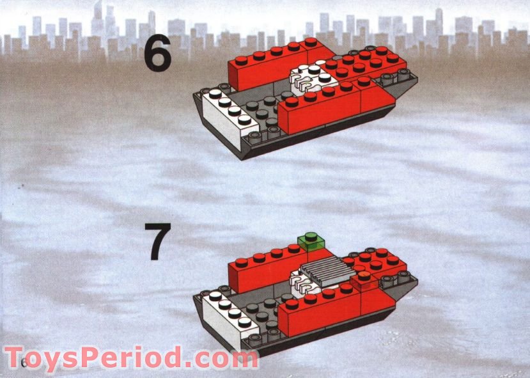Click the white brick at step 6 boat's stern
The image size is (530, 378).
pyautogui.click(x=224, y=115)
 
